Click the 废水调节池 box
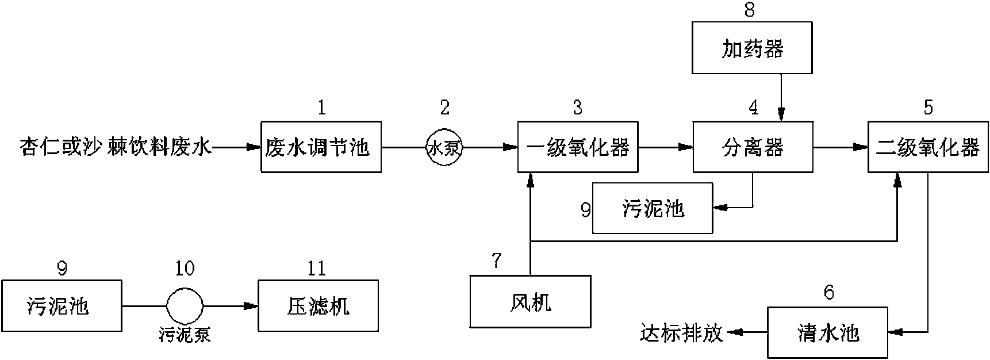321,147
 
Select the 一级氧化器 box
577,147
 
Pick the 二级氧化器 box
927,147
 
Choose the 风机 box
530,301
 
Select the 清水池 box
827,332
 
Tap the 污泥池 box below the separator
653,208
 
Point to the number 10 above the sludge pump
185,268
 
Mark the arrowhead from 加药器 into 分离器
781,117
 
